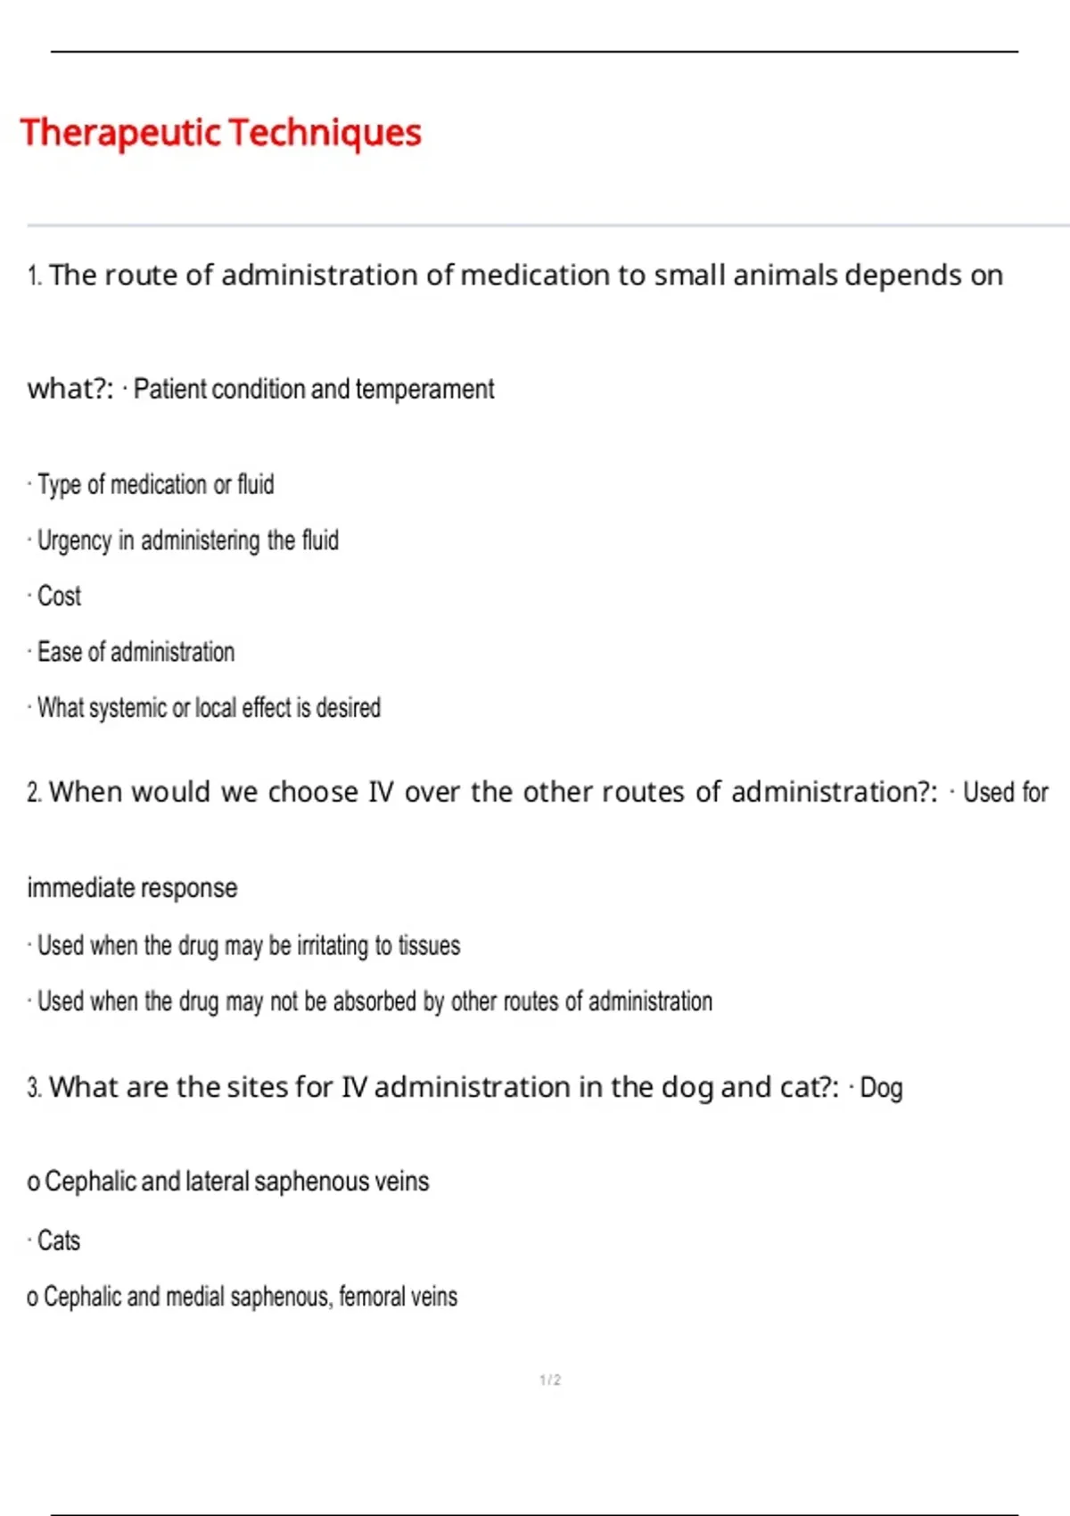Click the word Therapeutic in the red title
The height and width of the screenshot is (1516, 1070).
coord(120,133)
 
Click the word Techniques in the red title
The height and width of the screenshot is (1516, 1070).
coord(325,133)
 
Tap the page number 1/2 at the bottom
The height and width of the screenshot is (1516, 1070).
coord(550,1380)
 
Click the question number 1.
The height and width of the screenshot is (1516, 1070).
coord(34,276)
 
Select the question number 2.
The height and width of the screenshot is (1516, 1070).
coord(34,793)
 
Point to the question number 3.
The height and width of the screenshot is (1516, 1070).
coord(34,1088)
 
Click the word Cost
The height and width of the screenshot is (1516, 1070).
coord(59,596)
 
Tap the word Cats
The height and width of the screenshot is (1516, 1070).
coord(59,1240)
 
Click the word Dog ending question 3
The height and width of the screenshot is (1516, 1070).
coord(881,1088)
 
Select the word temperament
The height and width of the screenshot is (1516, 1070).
coord(424,390)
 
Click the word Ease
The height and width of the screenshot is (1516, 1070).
coord(60,652)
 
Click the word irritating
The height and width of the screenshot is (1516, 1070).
coord(333,945)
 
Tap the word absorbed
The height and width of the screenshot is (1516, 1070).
coord(374,1001)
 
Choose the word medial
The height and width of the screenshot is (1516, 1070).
coord(194,1297)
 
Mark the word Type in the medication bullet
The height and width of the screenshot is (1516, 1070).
coord(59,485)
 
